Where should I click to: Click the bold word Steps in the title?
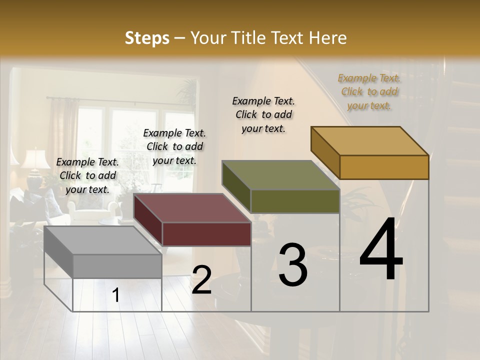pos(147,38)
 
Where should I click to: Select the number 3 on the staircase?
pos(292,265)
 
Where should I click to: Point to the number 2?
pos(201,280)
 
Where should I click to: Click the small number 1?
pos(116,295)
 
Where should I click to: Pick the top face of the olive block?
pos(280,175)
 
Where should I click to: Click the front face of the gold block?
pos(384,167)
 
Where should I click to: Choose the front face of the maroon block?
pos(206,234)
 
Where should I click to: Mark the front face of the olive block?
pos(295,201)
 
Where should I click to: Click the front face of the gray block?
pos(117,266)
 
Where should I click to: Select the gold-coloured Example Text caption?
pos(369,91)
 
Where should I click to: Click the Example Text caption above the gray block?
pos(88,175)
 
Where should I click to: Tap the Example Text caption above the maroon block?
pos(174,146)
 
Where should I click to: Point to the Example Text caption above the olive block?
pos(263,114)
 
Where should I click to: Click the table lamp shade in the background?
pos(35,158)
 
